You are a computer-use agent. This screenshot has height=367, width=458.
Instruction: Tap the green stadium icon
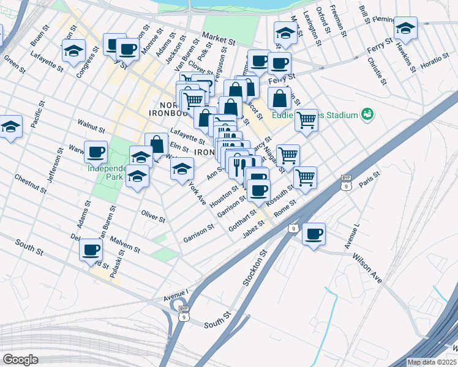coord(367,114)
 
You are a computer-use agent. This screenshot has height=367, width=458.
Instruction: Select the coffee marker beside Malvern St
coord(91,249)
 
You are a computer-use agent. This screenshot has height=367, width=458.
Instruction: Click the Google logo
coord(20,360)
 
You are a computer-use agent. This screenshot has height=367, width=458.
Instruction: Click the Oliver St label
coord(153,217)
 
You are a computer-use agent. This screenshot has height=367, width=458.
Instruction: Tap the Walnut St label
coord(92,127)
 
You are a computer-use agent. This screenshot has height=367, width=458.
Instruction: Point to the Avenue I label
coord(176,294)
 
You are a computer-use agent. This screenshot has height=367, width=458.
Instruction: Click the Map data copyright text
coord(432,362)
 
